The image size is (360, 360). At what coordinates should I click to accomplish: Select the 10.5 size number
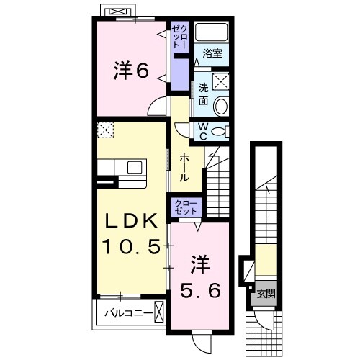coord(130,247)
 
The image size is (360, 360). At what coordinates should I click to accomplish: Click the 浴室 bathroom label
coord(211,53)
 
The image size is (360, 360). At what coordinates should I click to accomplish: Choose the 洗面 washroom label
coord(203,94)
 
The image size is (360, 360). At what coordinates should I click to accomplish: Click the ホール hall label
coord(184,168)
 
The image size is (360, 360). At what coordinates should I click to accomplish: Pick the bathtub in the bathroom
coord(212,32)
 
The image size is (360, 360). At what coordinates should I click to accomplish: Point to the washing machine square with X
coord(221,81)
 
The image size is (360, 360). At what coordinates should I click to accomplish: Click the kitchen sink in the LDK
coord(135,167)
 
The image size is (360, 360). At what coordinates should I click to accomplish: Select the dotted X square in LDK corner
coord(107,130)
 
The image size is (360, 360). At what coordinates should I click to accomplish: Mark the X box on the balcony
coord(159,312)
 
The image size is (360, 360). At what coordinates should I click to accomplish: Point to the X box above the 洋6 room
coord(117,12)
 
